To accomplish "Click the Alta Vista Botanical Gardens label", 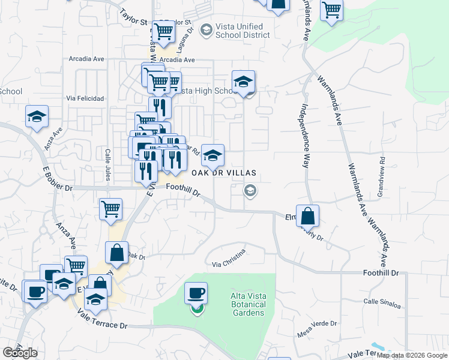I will click(x=247, y=304).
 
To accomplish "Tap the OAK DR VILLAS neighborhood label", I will click(x=224, y=173).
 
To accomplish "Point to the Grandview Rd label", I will click(x=380, y=176).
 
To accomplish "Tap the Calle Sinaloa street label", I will click(x=382, y=304).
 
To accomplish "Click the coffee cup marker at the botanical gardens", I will click(x=196, y=294).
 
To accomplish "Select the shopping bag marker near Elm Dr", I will click(x=307, y=216).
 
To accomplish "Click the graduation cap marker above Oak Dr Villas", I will click(x=212, y=156).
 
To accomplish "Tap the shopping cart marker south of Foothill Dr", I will click(x=111, y=210).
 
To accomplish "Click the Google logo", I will click(x=20, y=353).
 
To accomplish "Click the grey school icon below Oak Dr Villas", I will click(x=250, y=191).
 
